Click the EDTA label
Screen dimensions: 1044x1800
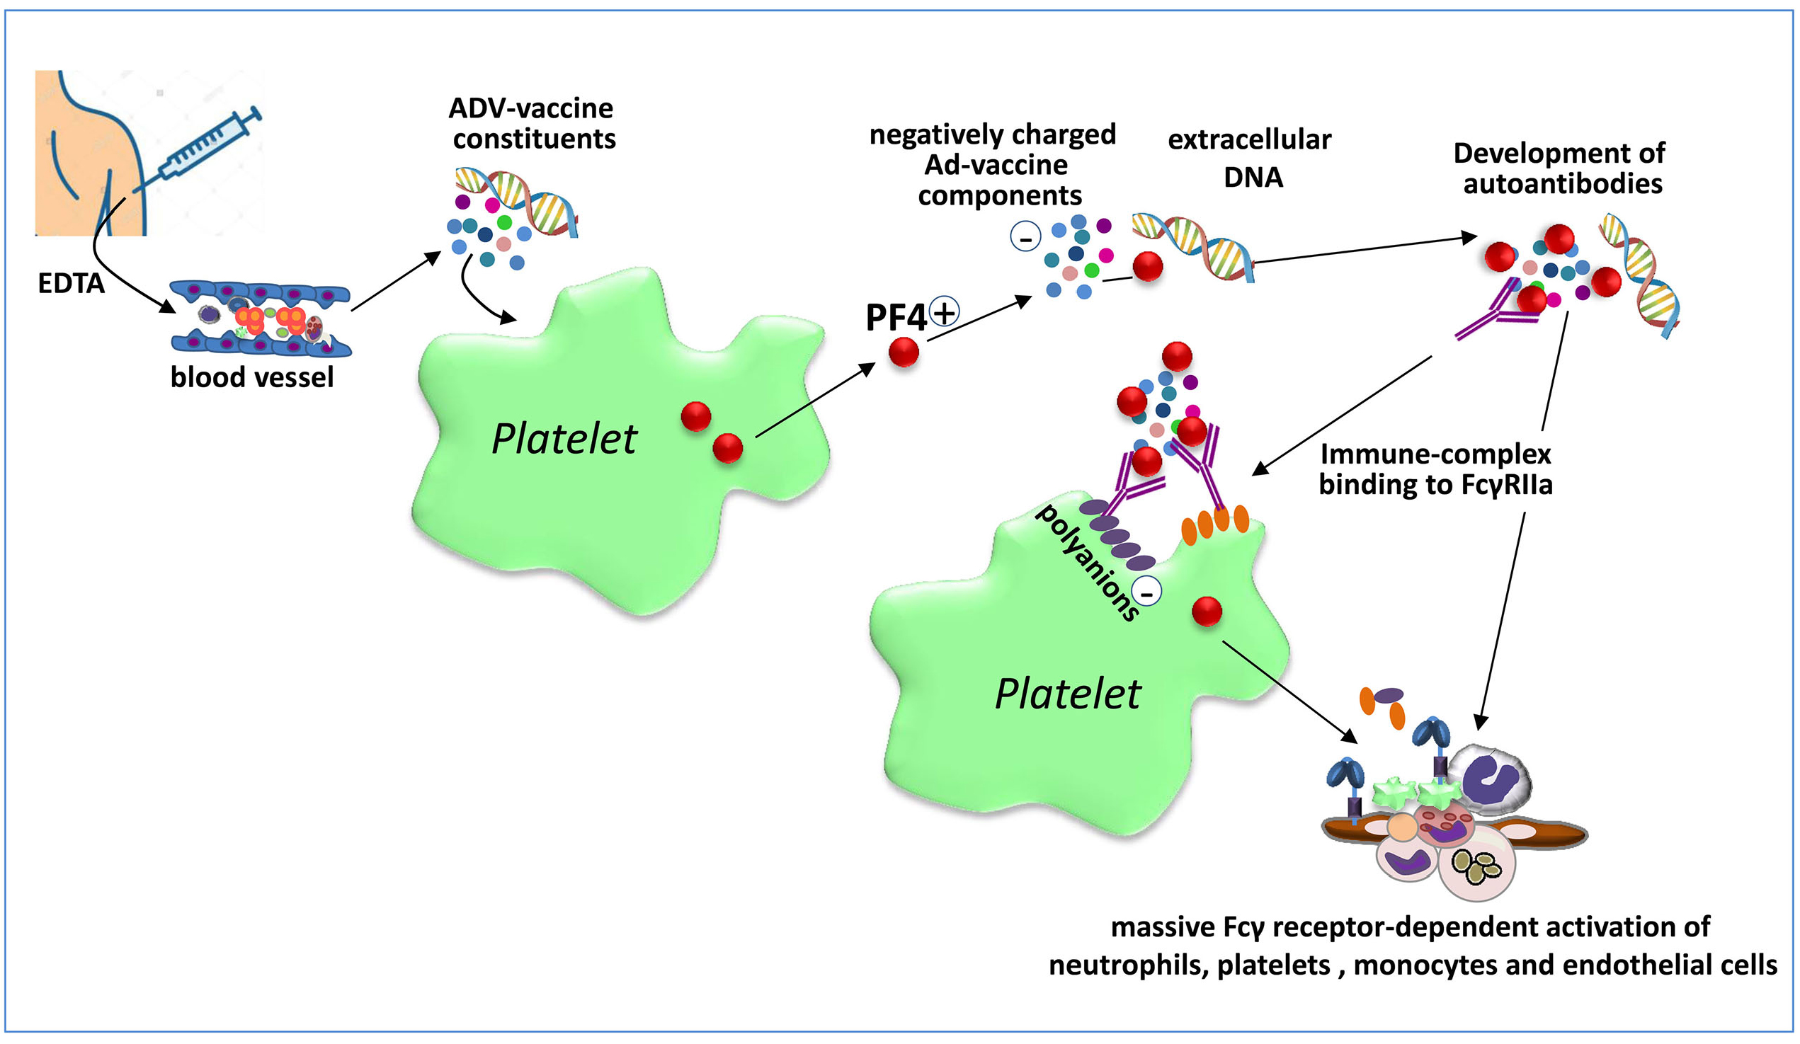click(x=71, y=284)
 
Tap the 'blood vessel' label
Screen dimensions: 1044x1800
click(x=251, y=377)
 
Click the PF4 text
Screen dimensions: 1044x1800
click(x=896, y=318)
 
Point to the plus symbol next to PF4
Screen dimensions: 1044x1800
click(x=945, y=311)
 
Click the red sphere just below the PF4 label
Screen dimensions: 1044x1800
click(x=904, y=351)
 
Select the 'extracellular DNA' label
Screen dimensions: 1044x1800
click(x=1250, y=158)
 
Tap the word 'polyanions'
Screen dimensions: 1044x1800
click(x=1087, y=563)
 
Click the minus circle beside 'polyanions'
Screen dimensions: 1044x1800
click(x=1147, y=592)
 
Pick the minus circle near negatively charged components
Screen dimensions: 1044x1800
click(x=1026, y=236)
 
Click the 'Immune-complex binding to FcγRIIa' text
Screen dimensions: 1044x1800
click(x=1436, y=469)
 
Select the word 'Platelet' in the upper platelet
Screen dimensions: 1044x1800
click(x=564, y=438)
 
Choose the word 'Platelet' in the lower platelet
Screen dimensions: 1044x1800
click(x=1068, y=694)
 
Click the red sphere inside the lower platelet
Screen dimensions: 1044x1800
click(x=1207, y=612)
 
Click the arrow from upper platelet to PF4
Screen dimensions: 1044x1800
click(x=814, y=400)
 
